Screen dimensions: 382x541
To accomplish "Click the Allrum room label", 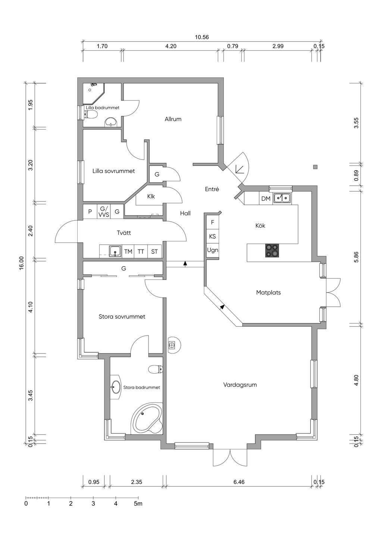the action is pos(173,119).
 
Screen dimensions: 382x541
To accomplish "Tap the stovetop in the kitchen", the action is pos(272,251).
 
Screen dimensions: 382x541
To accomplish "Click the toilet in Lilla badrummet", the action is pos(90,114).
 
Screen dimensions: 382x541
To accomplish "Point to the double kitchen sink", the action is pos(282,198).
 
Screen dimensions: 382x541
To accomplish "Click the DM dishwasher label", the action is pos(266,198).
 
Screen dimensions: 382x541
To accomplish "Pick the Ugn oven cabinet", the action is pos(213,250).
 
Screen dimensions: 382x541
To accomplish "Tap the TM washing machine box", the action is pos(128,252).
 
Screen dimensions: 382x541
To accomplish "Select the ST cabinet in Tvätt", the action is pos(154,252).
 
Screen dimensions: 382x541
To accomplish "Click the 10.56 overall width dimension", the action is pos(202,37).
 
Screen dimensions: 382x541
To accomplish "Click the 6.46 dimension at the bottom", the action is pos(239,482).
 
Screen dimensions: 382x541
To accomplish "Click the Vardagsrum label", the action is pos(240,384).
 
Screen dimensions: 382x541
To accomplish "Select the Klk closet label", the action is pos(151,197).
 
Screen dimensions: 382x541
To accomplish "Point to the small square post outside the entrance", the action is pos(315,167).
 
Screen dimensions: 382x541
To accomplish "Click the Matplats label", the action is pos(269,293).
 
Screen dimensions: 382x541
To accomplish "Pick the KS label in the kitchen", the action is pos(213,236).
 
